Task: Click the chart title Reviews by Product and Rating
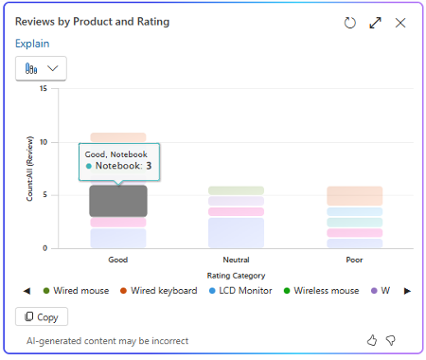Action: pyautogui.click(x=93, y=22)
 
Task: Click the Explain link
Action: pyautogui.click(x=32, y=44)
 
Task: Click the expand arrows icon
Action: pyautogui.click(x=375, y=23)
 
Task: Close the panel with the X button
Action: pyautogui.click(x=400, y=23)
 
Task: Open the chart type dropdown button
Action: pyautogui.click(x=41, y=68)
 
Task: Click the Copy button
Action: pyautogui.click(x=42, y=316)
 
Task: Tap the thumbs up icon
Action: pyautogui.click(x=371, y=340)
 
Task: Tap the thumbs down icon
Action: pyautogui.click(x=390, y=340)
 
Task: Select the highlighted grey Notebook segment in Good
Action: pyautogui.click(x=117, y=200)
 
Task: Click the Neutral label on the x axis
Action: pyautogui.click(x=236, y=259)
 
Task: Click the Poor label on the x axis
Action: pyautogui.click(x=354, y=259)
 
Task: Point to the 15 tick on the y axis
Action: pyautogui.click(x=43, y=89)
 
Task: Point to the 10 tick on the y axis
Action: pyautogui.click(x=43, y=142)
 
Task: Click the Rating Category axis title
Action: pyautogui.click(x=236, y=276)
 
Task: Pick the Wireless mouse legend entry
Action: pyautogui.click(x=326, y=291)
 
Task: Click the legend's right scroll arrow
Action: pyautogui.click(x=407, y=291)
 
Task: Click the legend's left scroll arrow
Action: pyautogui.click(x=27, y=291)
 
